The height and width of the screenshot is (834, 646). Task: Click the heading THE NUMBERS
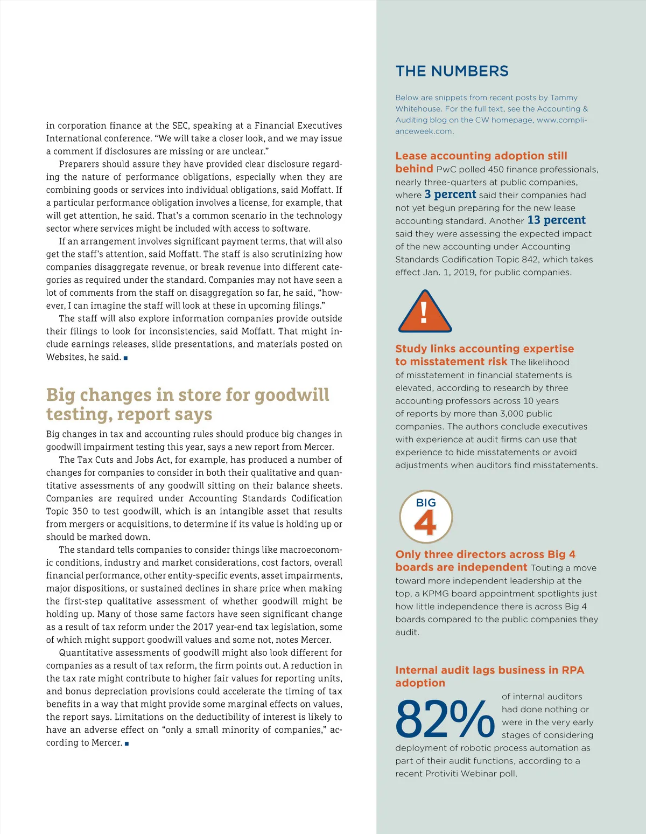[452, 71]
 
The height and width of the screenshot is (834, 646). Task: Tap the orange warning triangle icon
[425, 312]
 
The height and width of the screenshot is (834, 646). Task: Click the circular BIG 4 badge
[426, 517]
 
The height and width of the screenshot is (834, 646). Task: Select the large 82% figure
[445, 719]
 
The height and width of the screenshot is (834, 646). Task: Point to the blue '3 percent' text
[450, 194]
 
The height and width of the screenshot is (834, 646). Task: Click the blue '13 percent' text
[557, 220]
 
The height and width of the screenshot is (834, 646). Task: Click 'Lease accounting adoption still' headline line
[481, 156]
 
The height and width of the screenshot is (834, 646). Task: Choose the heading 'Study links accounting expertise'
[484, 349]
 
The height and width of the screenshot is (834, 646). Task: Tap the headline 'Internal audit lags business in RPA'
[489, 670]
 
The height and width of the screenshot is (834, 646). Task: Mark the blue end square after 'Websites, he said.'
[126, 358]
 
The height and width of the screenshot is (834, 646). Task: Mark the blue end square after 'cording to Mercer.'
[127, 743]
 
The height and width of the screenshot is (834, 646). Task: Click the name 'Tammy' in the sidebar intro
[564, 98]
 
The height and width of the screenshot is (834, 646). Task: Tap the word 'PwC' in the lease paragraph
[446, 169]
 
